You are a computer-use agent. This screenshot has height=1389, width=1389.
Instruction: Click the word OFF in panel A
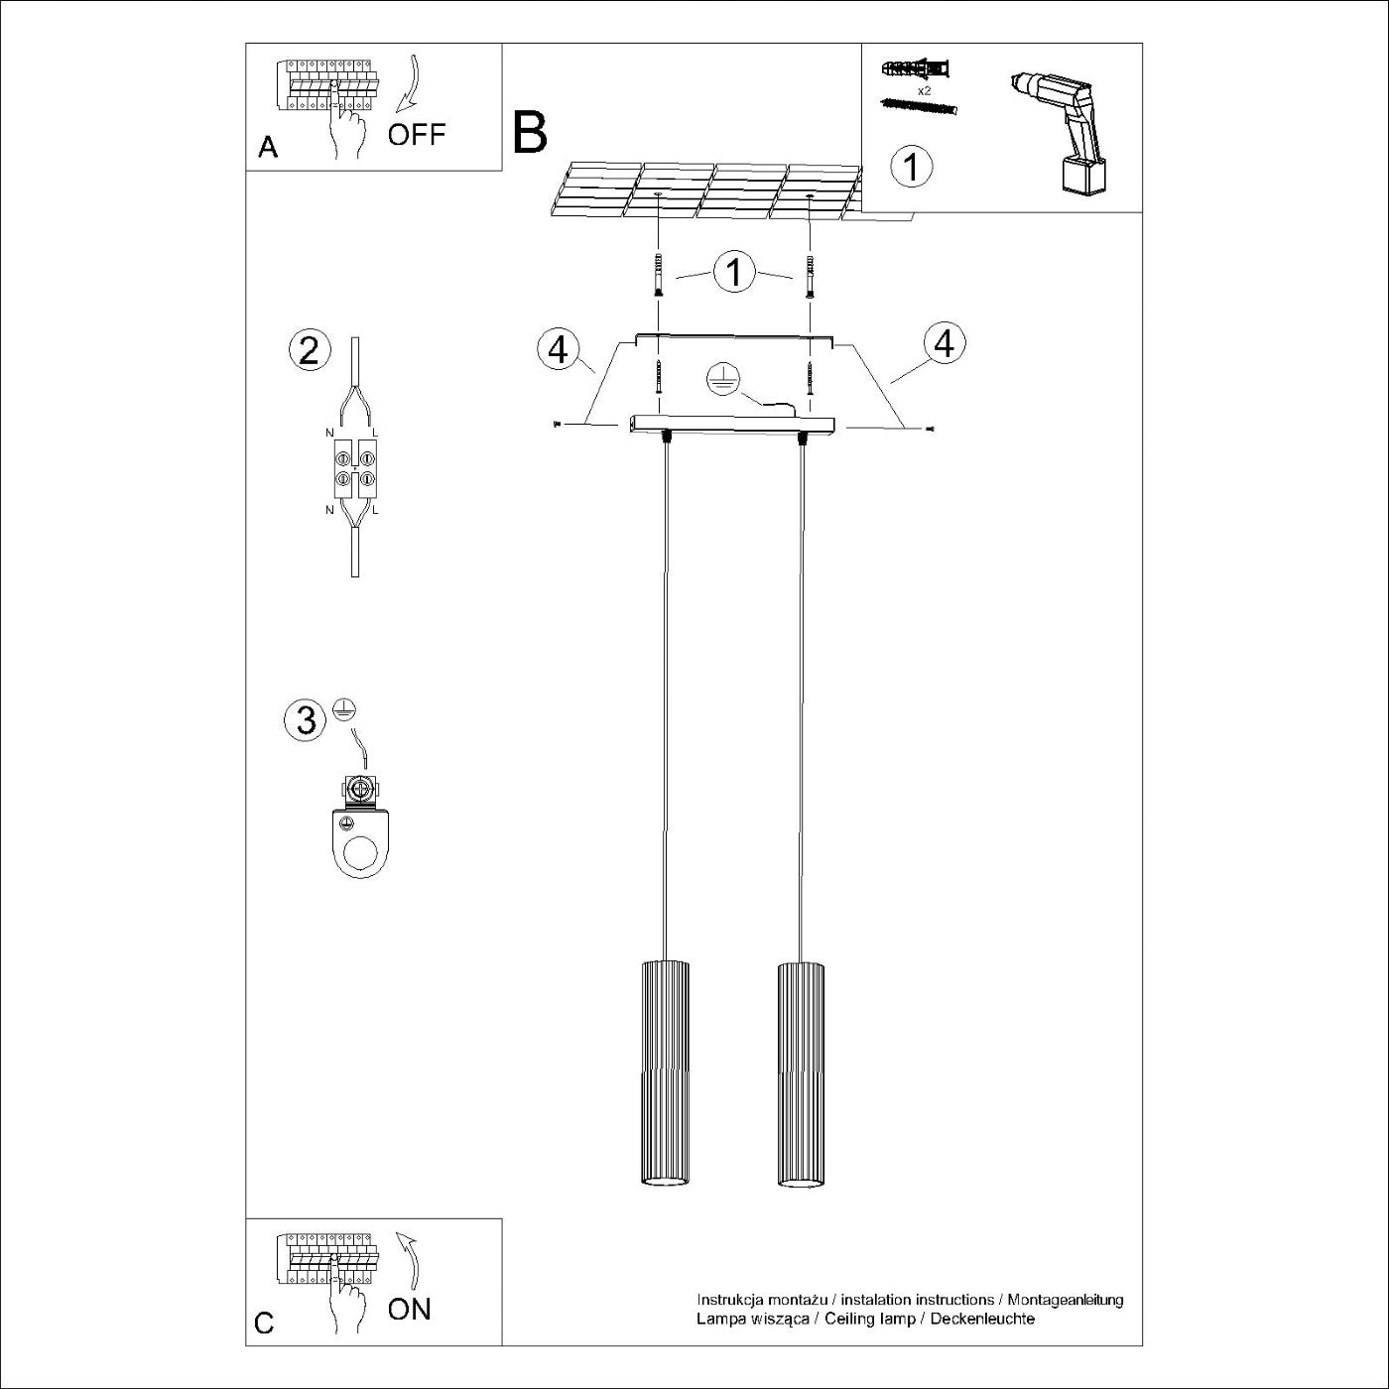pyautogui.click(x=417, y=134)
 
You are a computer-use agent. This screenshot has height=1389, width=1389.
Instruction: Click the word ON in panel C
pyautogui.click(x=409, y=1309)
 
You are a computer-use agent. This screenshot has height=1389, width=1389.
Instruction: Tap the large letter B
pyautogui.click(x=530, y=132)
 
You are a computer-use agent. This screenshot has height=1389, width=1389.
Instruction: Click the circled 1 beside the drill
pyautogui.click(x=912, y=166)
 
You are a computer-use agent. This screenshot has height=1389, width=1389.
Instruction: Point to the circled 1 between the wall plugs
pyautogui.click(x=734, y=271)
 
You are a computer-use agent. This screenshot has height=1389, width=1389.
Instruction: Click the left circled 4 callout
pyautogui.click(x=559, y=349)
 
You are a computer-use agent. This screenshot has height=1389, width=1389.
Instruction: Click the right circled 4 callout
pyautogui.click(x=944, y=343)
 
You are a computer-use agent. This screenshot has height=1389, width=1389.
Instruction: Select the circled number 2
pyautogui.click(x=309, y=350)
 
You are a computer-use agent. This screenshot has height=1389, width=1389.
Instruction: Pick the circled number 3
pyautogui.click(x=306, y=719)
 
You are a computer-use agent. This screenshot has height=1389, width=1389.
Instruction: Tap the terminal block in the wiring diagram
pyautogui.click(x=355, y=469)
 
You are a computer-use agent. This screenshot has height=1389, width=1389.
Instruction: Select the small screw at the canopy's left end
pyautogui.click(x=558, y=425)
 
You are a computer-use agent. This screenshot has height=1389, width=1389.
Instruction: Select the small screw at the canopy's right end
pyautogui.click(x=929, y=429)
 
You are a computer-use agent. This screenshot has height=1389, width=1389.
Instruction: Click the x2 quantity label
pyautogui.click(x=924, y=90)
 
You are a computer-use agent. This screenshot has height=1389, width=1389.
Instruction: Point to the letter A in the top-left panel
pyautogui.click(x=268, y=148)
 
